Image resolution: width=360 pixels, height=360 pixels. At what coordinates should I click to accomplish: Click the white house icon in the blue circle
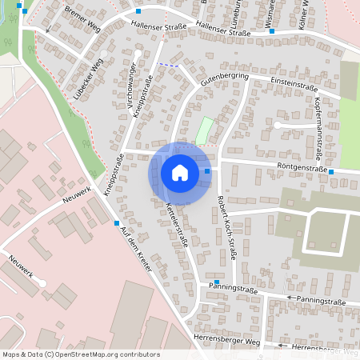(180, 172)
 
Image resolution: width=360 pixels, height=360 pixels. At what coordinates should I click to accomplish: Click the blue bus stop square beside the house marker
(207, 170)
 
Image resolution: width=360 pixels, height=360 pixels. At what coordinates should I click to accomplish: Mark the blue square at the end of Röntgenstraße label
(331, 171)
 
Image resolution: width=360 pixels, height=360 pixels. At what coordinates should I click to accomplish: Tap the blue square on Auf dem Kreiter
(118, 222)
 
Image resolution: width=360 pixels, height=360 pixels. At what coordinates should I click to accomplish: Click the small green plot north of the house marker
(205, 130)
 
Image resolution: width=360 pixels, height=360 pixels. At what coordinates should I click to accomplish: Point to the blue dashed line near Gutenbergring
(169, 65)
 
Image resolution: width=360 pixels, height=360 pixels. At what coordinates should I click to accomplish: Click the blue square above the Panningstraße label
(216, 282)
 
